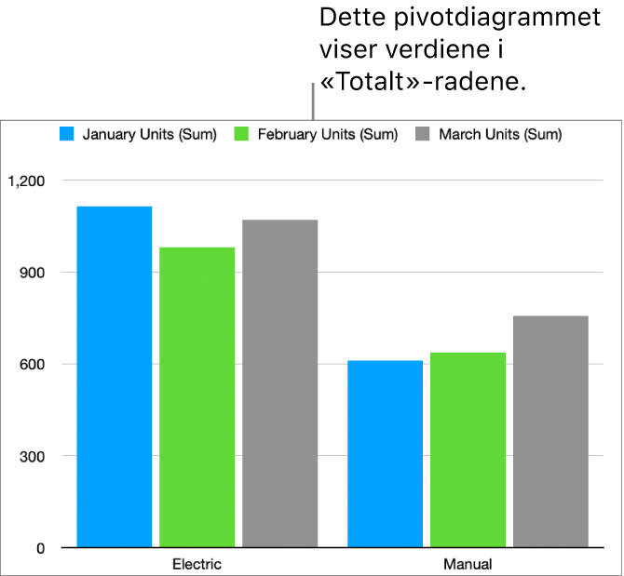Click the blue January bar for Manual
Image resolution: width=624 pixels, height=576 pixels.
point(385,453)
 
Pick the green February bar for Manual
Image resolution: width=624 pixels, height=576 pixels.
point(468,449)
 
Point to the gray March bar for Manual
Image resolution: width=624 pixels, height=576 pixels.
point(550,431)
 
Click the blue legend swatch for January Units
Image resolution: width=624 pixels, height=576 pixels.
point(67,134)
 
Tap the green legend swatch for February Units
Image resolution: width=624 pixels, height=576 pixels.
point(242,134)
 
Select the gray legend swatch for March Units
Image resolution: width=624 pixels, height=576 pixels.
point(423,134)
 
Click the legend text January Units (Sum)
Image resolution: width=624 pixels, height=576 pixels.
point(149,134)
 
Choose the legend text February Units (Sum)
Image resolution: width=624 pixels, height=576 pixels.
point(327,134)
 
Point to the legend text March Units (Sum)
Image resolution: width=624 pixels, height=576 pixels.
point(500,134)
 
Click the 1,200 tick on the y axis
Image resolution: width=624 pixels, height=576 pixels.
point(25,181)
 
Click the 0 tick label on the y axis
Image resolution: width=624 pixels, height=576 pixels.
point(39,549)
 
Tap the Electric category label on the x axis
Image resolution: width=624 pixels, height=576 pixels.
point(197,564)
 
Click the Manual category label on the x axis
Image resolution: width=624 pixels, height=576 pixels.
point(468,564)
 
